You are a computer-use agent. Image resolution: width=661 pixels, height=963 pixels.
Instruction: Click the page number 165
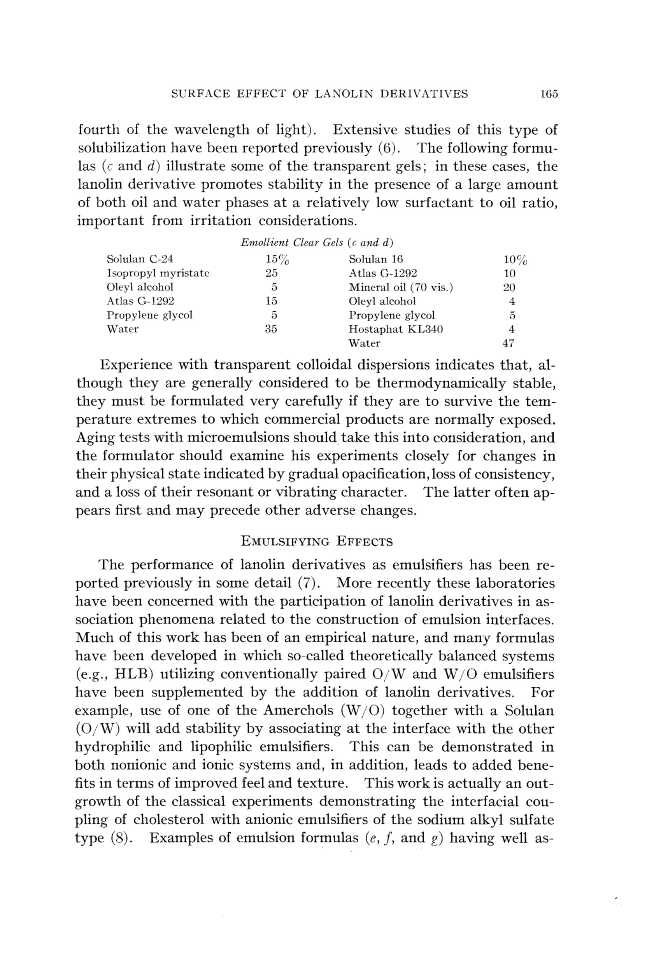(549, 94)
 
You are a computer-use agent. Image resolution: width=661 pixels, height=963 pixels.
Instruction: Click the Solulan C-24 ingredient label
(140, 259)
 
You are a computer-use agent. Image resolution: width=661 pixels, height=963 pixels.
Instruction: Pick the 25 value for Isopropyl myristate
(272, 273)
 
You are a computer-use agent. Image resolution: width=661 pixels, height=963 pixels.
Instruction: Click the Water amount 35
(271, 329)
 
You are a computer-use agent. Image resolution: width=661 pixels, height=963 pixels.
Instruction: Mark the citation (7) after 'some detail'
(309, 583)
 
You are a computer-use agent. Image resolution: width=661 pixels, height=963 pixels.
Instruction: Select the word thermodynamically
(441, 383)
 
